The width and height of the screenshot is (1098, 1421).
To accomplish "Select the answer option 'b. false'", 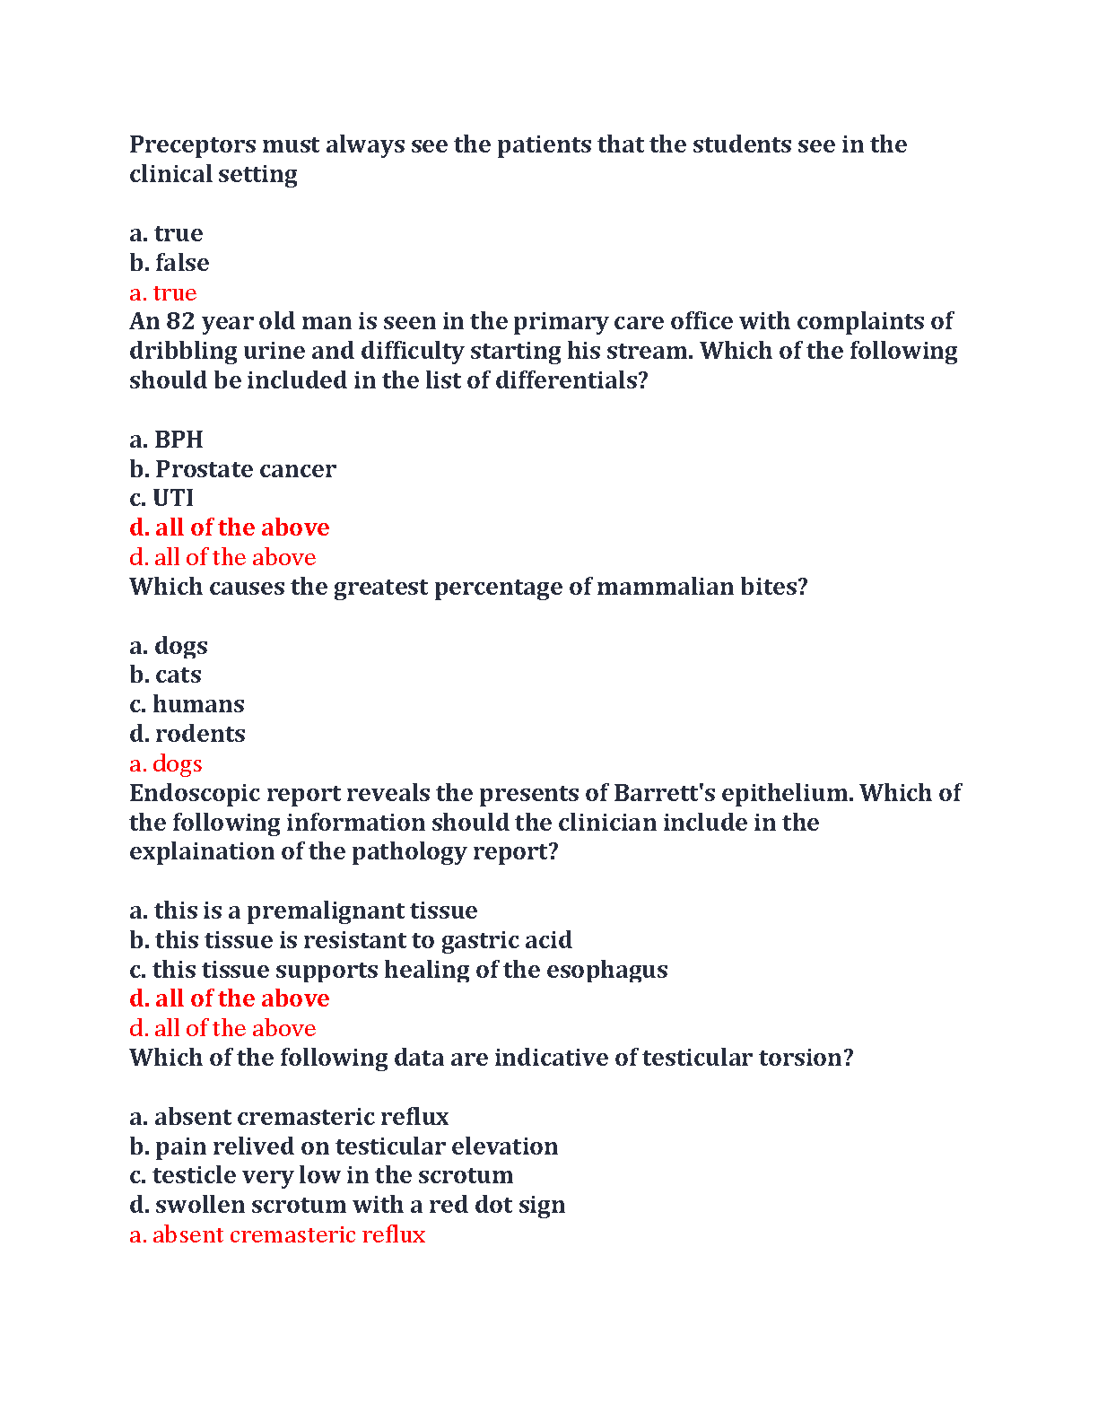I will tap(170, 263).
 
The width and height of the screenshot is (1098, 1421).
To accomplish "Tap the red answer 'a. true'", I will tap(163, 292).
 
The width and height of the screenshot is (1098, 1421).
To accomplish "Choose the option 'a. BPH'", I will tap(167, 440).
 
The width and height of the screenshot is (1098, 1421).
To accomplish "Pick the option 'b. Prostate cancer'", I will tap(232, 469).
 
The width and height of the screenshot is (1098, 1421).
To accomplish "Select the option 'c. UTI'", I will tap(161, 498).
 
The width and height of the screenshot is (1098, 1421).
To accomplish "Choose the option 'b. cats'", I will tap(166, 675).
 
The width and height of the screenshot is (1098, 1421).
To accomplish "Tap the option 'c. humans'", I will tap(187, 704).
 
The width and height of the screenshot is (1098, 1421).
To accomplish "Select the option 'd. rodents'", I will tap(187, 734).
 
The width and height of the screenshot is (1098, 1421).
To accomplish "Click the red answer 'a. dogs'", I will tap(166, 763).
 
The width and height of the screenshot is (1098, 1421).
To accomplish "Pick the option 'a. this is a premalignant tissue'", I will tap(303, 911).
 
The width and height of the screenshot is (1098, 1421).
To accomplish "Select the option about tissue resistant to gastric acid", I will tap(351, 940).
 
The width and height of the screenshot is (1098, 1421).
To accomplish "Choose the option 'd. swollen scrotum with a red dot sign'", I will tap(347, 1205).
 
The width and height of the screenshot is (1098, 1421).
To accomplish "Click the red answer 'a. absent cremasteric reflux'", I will tap(277, 1234).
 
